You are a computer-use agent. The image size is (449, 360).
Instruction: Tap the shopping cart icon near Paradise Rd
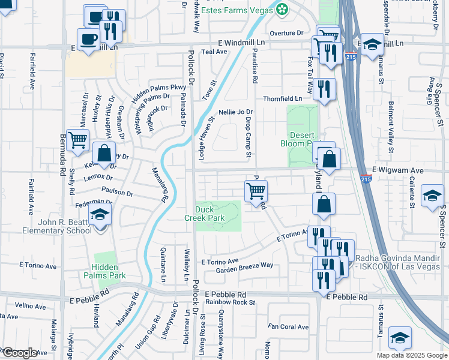[256, 191]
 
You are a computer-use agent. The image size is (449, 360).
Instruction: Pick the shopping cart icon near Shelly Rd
[78, 140]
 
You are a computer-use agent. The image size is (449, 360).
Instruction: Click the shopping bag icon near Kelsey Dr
[104, 152]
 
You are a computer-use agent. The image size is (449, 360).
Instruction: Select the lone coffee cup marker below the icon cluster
[89, 40]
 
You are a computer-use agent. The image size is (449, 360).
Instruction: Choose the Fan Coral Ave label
[288, 327]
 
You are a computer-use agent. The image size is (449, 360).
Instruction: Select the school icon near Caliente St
[432, 196]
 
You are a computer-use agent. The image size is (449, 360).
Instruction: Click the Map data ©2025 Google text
[411, 355]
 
